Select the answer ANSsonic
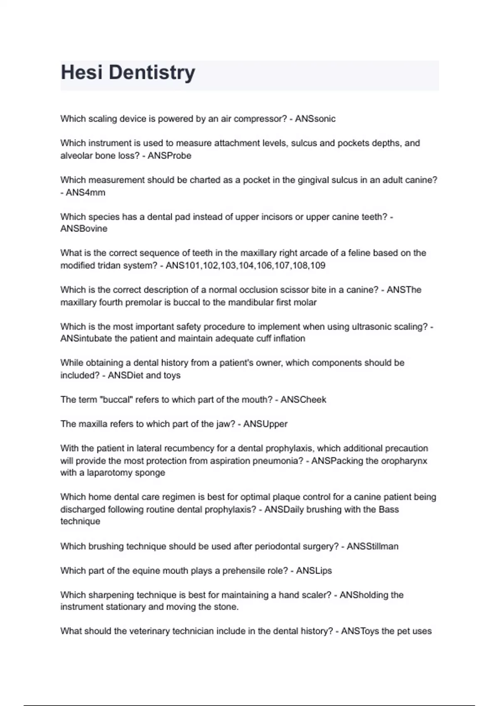[315, 119]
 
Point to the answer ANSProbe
[169, 156]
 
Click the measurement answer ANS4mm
[85, 193]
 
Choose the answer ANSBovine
[84, 229]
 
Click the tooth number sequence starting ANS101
[245, 265]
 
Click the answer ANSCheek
[303, 400]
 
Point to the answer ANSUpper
[265, 424]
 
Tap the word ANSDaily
[284, 510]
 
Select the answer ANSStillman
[372, 547]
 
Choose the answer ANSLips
[314, 571]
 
